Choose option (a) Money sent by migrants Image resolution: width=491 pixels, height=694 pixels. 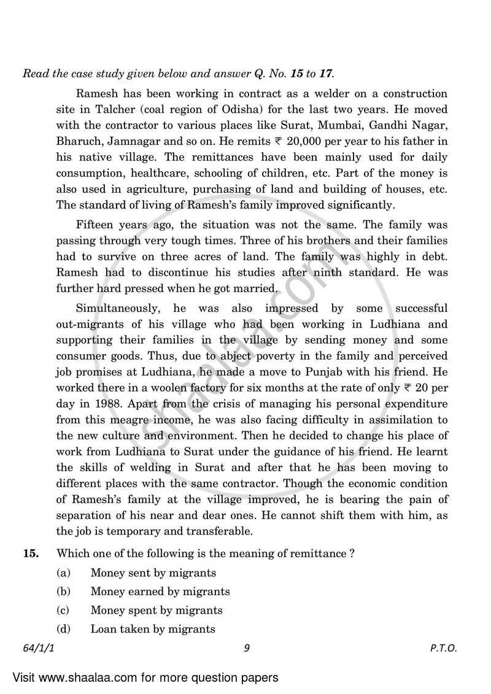pyautogui.click(x=153, y=573)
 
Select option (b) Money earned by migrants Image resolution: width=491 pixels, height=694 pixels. pyautogui.click(x=160, y=592)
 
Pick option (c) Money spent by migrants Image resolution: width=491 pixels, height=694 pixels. pyautogui.click(x=156, y=611)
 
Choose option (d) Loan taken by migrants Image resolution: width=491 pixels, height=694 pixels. pyautogui.click(x=152, y=629)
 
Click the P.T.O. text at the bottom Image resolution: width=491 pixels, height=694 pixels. pyautogui.click(x=444, y=648)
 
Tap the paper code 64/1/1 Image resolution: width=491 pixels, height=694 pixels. pyautogui.click(x=37, y=648)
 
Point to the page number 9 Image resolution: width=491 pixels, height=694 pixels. pyautogui.click(x=245, y=648)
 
